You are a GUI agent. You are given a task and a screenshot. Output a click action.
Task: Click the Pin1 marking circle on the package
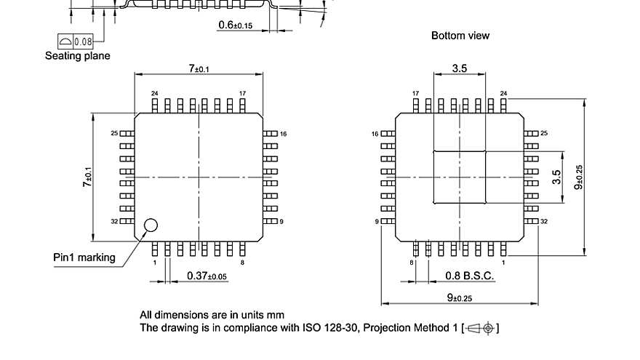click(151, 225)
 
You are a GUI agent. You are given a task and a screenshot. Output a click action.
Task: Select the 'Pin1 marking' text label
click(84, 257)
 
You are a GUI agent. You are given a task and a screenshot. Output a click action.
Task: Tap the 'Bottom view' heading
click(460, 36)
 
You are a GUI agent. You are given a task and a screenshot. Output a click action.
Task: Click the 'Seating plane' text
click(78, 55)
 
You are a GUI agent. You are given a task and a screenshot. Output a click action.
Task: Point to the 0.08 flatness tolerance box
click(76, 41)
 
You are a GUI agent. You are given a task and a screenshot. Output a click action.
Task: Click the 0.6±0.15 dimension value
click(236, 25)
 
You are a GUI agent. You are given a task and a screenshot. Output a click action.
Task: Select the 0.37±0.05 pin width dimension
click(207, 276)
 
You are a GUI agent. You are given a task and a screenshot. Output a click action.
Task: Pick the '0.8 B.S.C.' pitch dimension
click(470, 276)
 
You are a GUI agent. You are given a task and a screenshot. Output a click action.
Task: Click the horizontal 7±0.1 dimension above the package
click(199, 68)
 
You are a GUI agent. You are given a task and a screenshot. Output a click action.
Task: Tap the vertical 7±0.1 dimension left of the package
click(87, 177)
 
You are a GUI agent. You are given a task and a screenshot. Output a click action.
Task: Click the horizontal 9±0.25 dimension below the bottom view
click(460, 298)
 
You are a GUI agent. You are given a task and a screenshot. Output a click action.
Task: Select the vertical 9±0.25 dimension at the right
click(579, 177)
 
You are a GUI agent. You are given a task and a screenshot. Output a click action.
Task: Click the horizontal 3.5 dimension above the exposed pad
click(460, 68)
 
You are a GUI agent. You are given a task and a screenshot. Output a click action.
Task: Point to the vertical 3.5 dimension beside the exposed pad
click(556, 177)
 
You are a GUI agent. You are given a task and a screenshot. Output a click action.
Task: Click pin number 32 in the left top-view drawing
click(114, 220)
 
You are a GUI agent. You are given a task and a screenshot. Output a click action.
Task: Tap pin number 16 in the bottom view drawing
click(375, 134)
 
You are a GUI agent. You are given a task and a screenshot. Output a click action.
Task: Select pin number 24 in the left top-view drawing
click(154, 94)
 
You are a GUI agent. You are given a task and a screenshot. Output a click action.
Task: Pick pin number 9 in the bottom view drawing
click(377, 220)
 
